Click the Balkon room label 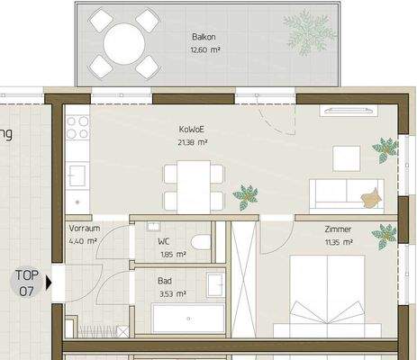203,37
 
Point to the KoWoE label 192,130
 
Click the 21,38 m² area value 192,142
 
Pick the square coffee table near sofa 345,157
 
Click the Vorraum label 83,229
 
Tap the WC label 164,242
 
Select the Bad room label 164,281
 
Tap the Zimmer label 339,229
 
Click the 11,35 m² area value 339,242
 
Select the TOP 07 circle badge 27,283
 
